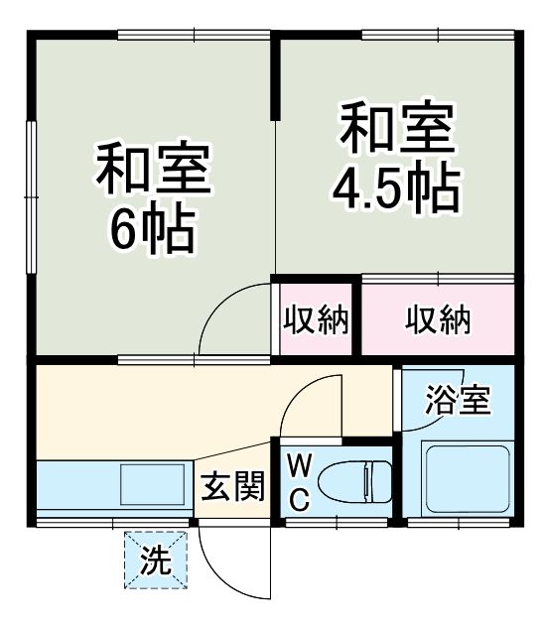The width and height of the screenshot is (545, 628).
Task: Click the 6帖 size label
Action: (x=153, y=229)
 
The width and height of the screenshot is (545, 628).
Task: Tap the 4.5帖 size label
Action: (x=396, y=187)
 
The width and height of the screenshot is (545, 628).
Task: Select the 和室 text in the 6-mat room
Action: (x=153, y=169)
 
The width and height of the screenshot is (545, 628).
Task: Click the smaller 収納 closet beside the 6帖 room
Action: (x=316, y=319)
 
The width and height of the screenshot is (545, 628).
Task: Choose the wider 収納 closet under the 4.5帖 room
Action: (x=438, y=319)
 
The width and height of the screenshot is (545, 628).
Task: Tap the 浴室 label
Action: (x=458, y=399)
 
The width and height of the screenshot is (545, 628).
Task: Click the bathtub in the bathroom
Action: (x=468, y=480)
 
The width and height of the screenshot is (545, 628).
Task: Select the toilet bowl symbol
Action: (x=354, y=481)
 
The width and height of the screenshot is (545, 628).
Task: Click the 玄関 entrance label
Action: (x=233, y=486)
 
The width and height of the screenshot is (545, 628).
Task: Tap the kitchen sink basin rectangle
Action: (x=153, y=484)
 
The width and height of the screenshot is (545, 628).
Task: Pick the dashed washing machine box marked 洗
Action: (x=156, y=560)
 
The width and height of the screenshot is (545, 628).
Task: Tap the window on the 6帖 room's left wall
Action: (x=31, y=197)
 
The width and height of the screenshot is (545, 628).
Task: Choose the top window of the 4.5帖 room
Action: (x=438, y=35)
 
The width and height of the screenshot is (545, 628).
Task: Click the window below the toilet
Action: (x=337, y=522)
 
